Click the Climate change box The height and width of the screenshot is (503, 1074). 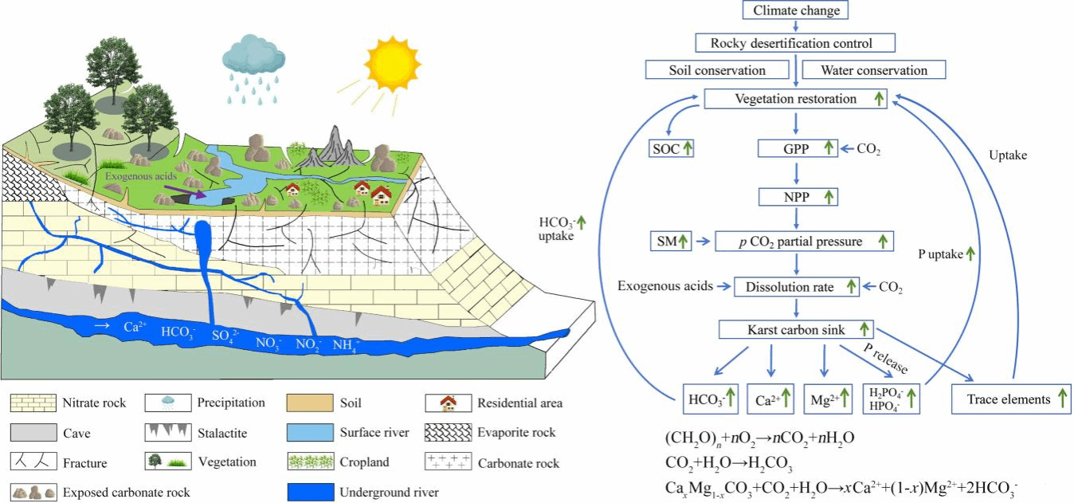pyautogui.click(x=795, y=10)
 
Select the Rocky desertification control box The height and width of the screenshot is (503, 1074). pyautogui.click(x=795, y=43)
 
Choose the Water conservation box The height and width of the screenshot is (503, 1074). pyautogui.click(x=873, y=70)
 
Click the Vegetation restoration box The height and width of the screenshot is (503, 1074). pyautogui.click(x=795, y=100)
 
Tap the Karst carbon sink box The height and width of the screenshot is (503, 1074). pyautogui.click(x=794, y=328)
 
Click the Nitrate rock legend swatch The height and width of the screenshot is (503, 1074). pyautogui.click(x=33, y=403)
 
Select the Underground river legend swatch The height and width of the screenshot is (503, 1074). pyautogui.click(x=308, y=493)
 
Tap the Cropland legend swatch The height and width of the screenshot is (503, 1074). pyautogui.click(x=308, y=463)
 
